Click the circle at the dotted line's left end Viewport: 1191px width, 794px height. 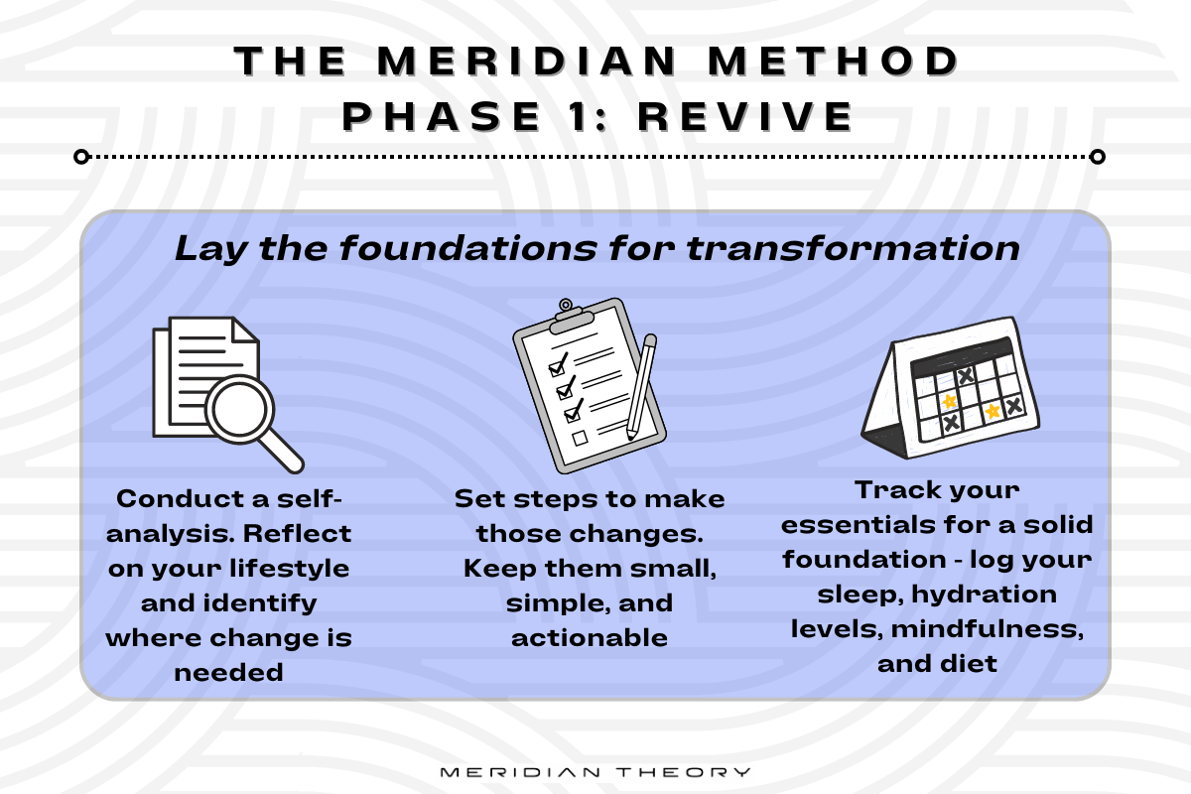[82, 157]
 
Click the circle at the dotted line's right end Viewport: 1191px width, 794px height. [1097, 157]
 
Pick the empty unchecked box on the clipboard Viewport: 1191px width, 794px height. [580, 437]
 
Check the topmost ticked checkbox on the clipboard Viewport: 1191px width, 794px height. [557, 360]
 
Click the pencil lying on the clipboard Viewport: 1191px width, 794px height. [640, 387]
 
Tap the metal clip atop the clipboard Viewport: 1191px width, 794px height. [567, 311]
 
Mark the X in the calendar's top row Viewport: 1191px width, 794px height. [965, 375]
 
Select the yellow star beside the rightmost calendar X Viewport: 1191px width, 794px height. [991, 409]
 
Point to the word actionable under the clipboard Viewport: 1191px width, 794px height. [590, 637]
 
